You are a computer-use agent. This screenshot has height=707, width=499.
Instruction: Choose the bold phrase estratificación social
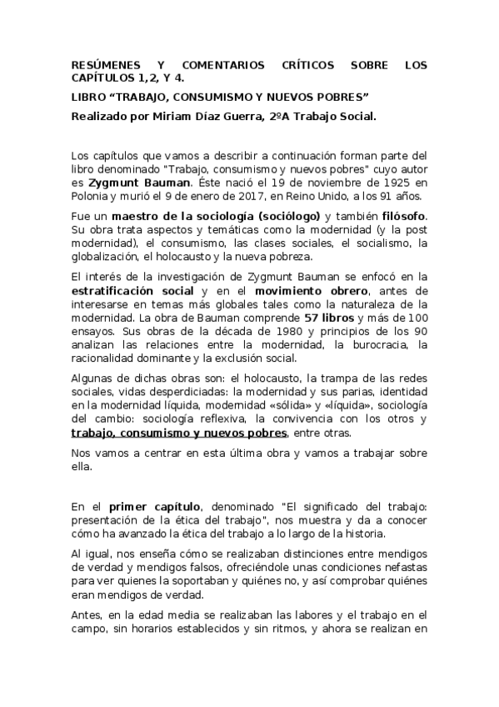pyautogui.click(x=133, y=290)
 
